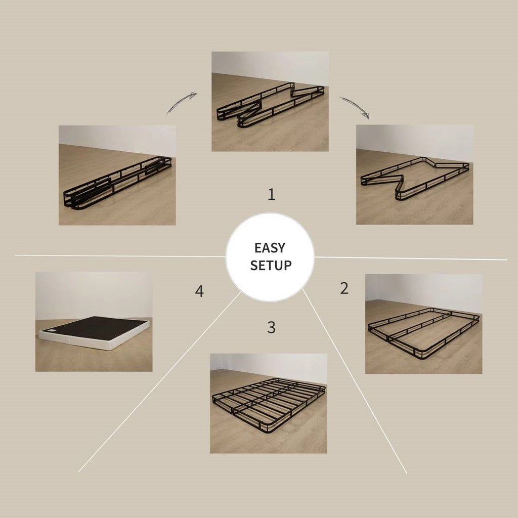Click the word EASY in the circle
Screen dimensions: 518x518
click(270, 248)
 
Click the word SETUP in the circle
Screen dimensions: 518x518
click(271, 265)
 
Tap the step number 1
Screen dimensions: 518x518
click(272, 195)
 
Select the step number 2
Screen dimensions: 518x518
click(344, 288)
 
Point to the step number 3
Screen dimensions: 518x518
click(271, 327)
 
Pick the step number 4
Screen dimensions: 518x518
click(199, 291)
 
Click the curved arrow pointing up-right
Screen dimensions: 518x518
click(182, 103)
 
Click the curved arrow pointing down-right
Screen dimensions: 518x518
click(354, 106)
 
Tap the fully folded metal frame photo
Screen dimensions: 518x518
click(117, 176)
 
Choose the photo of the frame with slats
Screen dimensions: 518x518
click(269, 403)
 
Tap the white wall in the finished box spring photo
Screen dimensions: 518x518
click(94, 294)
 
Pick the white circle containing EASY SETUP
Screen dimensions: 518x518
click(270, 257)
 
